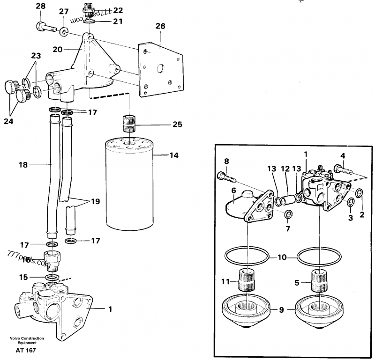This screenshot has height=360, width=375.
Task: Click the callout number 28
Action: point(41,6)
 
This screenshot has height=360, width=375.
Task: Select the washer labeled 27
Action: point(63,31)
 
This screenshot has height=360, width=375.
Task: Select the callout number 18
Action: point(22,165)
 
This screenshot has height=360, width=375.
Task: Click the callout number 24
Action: point(8,121)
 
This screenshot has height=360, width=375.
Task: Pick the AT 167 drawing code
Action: point(26,350)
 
